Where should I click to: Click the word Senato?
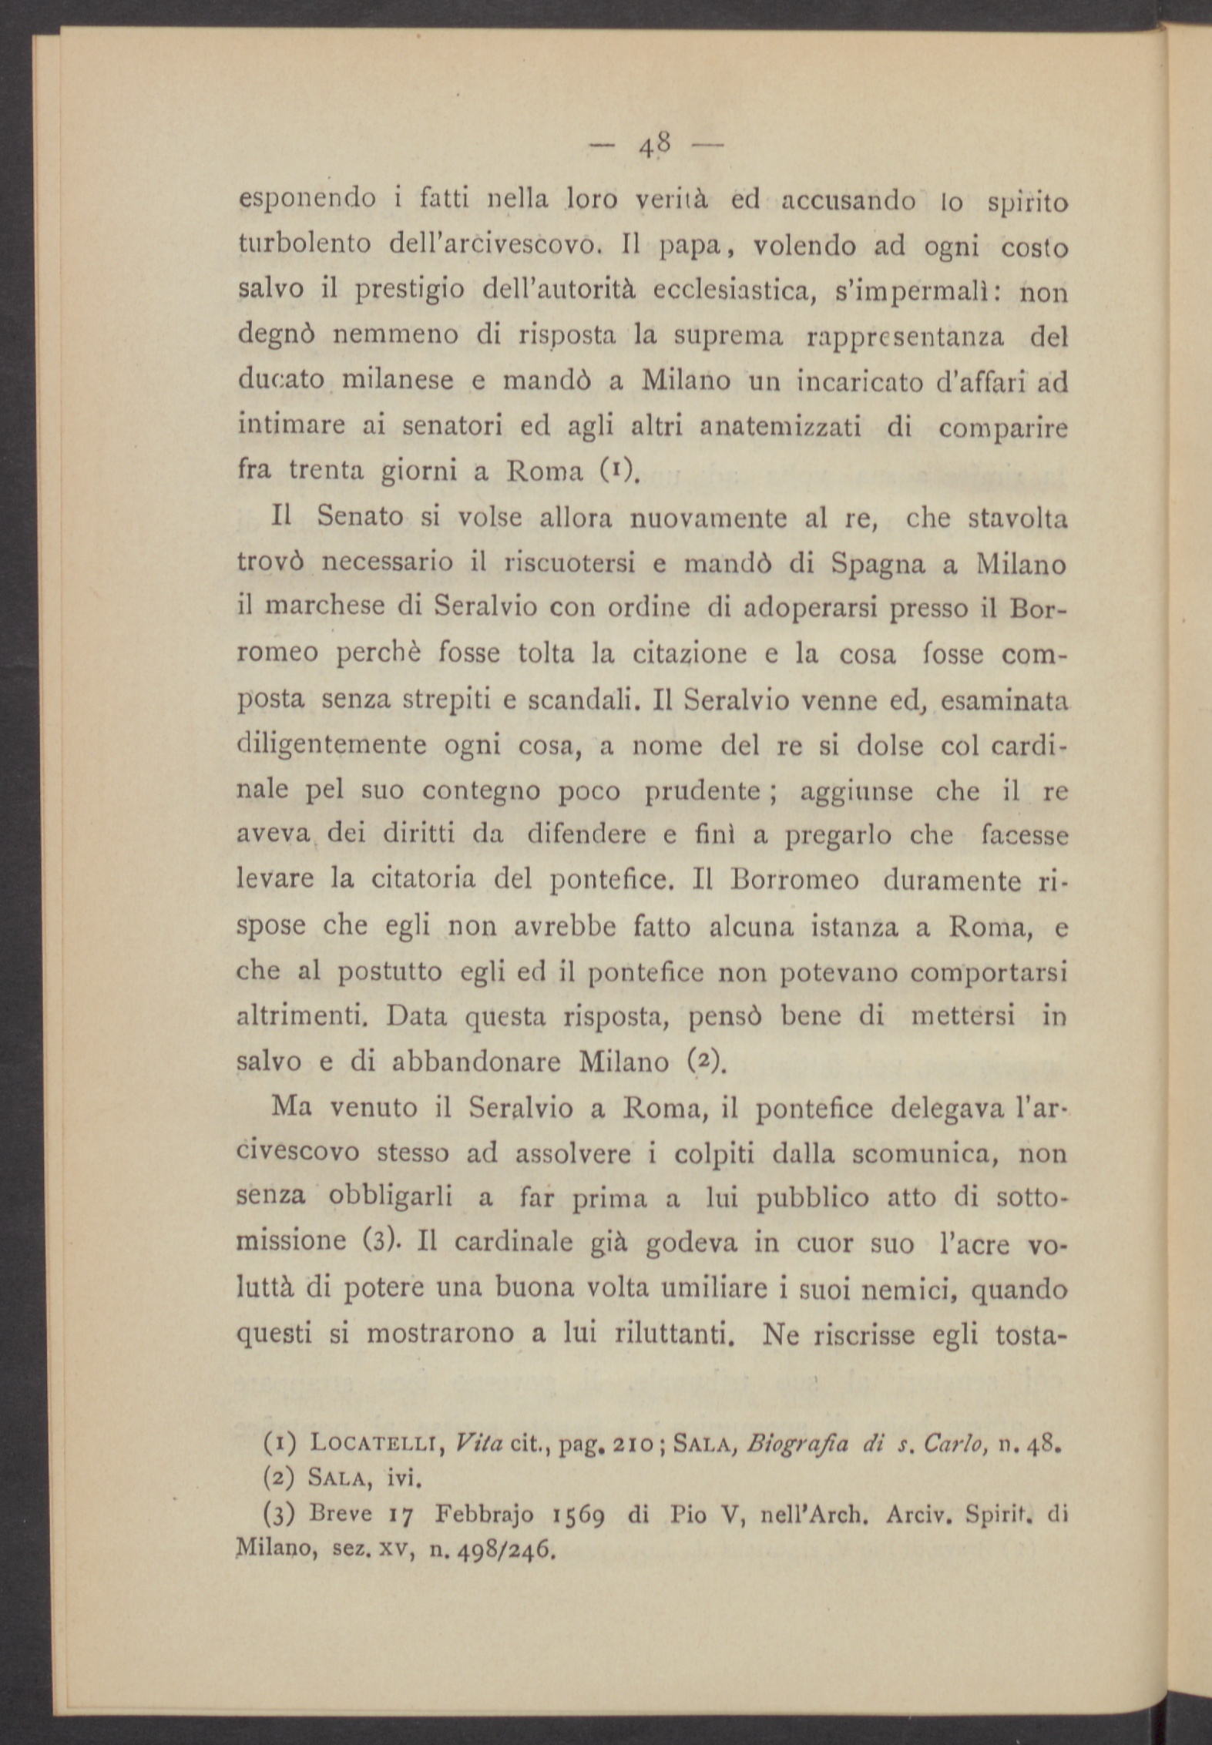pyautogui.click(x=360, y=518)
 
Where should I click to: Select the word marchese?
pyautogui.click(x=323, y=609)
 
